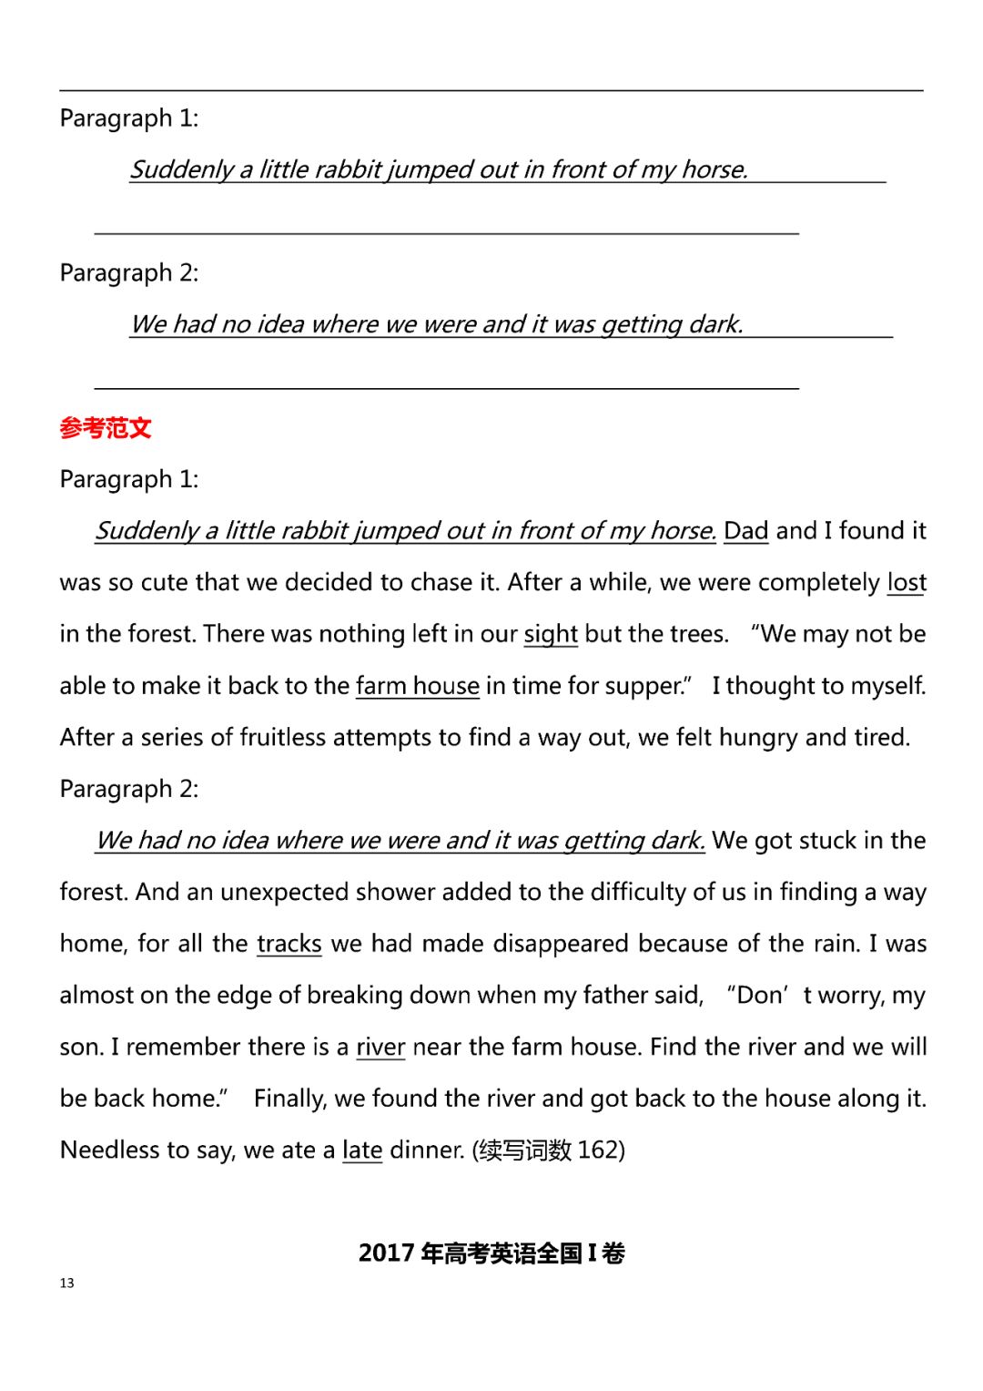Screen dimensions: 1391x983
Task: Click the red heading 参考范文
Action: (106, 427)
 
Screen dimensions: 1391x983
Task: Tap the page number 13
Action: (66, 1283)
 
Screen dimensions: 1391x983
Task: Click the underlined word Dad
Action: (745, 530)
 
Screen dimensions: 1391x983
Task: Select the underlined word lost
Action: (906, 582)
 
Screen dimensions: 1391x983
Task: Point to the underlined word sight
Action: (551, 634)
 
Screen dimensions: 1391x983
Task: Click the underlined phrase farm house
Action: (417, 685)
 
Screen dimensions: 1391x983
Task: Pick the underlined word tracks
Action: (289, 943)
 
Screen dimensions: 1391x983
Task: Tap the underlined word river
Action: (380, 1047)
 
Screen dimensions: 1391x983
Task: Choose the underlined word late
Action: (361, 1150)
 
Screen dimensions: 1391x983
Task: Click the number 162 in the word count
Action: (597, 1150)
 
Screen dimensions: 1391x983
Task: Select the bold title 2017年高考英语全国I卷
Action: (491, 1253)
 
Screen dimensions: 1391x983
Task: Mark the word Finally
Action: (289, 1099)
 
